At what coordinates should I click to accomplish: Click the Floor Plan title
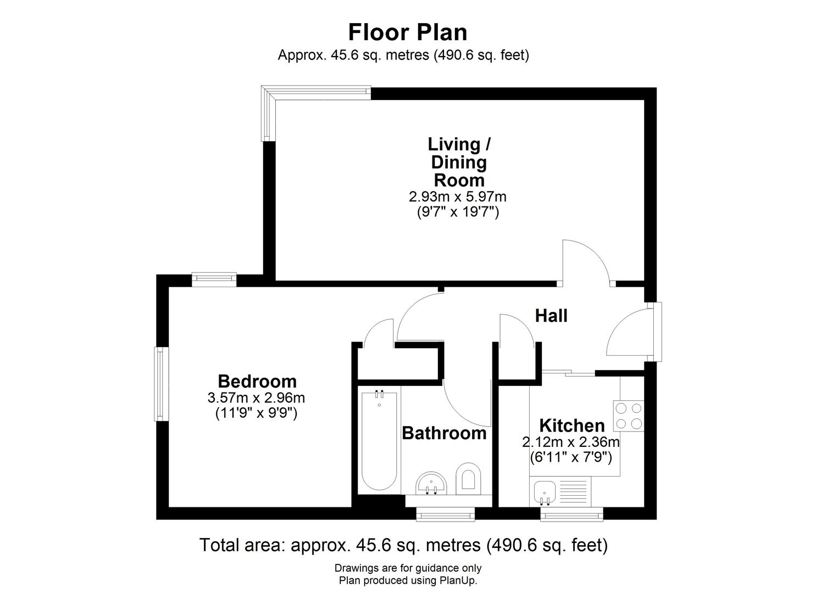408,32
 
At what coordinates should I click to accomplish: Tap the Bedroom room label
257,382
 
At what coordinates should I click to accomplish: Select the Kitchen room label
571,425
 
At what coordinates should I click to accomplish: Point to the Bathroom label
444,433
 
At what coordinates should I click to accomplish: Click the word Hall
551,316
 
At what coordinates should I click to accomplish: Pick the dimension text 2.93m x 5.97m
458,197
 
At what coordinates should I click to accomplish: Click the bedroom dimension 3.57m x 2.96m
256,398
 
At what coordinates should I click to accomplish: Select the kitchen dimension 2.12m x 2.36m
571,443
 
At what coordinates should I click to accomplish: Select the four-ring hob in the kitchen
629,416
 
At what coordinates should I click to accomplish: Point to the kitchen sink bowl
545,492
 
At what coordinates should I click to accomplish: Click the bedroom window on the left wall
161,384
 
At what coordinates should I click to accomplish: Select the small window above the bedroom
214,279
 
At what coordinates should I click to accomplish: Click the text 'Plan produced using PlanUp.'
408,580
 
